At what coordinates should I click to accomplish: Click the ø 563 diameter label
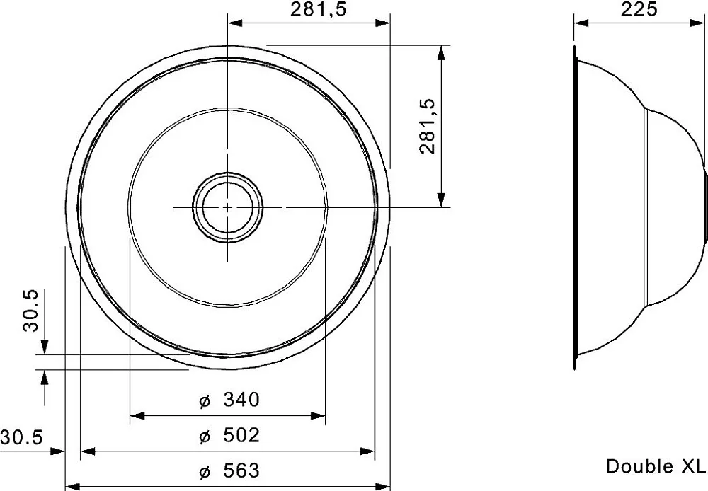click(x=229, y=470)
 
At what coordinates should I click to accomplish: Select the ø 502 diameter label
click(x=229, y=436)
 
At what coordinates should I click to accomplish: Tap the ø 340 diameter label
click(x=229, y=400)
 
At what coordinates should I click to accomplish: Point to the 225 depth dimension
click(x=639, y=9)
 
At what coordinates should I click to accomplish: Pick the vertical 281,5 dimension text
click(x=427, y=127)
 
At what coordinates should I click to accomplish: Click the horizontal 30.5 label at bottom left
click(x=21, y=437)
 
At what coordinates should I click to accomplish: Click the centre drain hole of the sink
click(x=227, y=207)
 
